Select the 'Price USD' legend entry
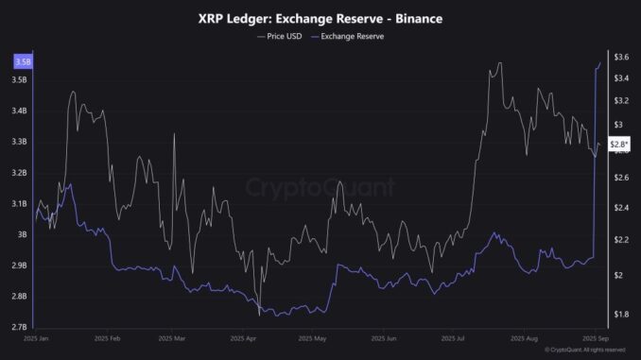tap(281, 36)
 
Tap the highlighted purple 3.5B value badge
tap(20, 61)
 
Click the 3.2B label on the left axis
tap(20, 173)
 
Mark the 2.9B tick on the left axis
tap(20, 266)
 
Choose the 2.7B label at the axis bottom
tap(20, 327)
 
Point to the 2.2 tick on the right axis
tap(620, 240)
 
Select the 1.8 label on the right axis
tap(620, 314)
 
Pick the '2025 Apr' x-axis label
tap(244, 337)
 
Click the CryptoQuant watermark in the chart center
tap(320, 187)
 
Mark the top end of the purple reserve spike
tap(600, 62)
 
